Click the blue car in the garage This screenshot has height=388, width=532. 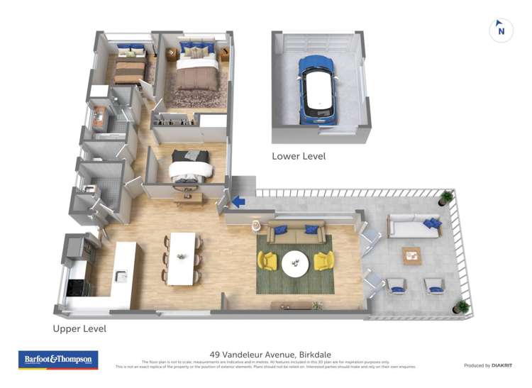[x=316, y=89]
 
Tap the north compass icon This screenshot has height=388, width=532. [x=501, y=31]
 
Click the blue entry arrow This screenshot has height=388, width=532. [x=238, y=202]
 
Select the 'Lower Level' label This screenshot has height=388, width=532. [x=299, y=156]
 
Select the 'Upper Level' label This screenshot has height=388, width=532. [x=79, y=329]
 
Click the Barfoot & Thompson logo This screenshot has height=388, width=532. [x=59, y=360]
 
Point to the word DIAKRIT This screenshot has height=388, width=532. [x=503, y=365]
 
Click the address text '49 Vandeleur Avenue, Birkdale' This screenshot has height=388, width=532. [x=270, y=354]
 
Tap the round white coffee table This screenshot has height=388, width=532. [x=296, y=263]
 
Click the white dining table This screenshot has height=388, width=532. [x=182, y=257]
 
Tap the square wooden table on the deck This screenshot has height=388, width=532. [x=411, y=255]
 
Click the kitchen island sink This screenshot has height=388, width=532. [x=121, y=277]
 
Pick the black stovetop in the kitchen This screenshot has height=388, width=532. [x=76, y=287]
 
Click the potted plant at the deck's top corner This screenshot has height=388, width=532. [x=446, y=197]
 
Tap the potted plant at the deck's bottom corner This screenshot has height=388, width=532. [x=462, y=306]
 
